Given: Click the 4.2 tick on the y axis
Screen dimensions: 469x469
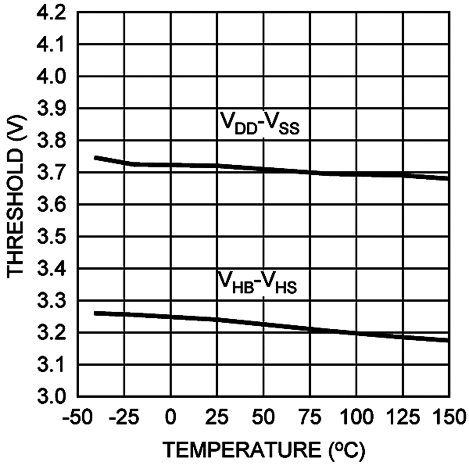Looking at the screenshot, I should coord(51,13).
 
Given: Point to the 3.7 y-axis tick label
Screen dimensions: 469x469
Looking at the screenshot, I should coord(51,173).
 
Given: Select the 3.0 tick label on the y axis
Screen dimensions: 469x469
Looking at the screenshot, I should coord(51,397).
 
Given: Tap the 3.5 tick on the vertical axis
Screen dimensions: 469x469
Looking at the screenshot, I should coord(51,237).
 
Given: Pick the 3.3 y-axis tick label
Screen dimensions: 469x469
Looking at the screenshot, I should coord(51,301).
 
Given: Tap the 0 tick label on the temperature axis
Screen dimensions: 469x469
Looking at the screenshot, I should coord(171,418).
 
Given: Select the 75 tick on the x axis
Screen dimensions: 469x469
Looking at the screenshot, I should coord(310,418).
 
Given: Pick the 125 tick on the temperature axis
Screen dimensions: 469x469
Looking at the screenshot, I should coord(403,418).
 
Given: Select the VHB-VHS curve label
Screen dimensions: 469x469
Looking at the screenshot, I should coord(257,283).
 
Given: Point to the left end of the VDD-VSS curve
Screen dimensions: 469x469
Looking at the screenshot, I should coord(95,158).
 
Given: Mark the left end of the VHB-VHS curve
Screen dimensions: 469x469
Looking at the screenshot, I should coord(95,313).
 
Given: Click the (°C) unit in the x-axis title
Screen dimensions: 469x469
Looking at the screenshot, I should coord(343,451).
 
